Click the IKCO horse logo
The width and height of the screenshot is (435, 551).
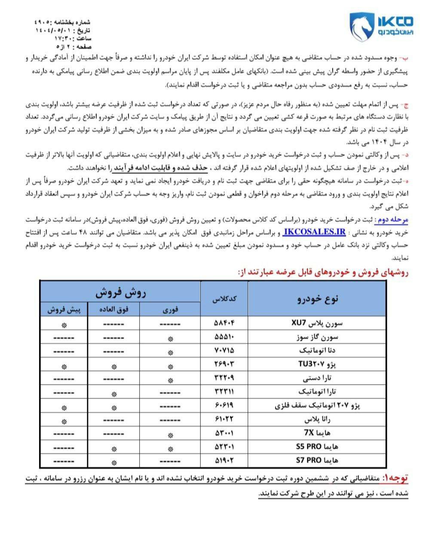coord(361,27)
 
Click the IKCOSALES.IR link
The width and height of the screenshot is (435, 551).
coord(314,232)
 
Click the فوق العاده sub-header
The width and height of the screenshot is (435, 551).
coord(114,310)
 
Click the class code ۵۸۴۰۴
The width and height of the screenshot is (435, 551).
coord(224,323)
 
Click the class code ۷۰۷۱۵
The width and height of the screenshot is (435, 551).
coord(224,350)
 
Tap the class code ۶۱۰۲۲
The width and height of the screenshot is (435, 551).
coord(224,419)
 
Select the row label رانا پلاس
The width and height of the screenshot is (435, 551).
coord(322,419)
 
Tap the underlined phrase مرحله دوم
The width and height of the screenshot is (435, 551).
coord(391,220)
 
